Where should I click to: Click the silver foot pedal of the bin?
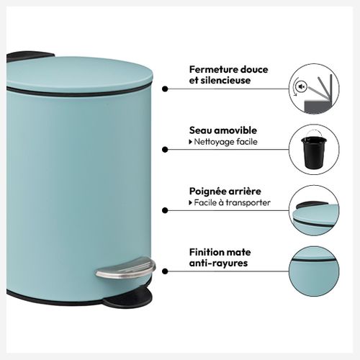[x=125, y=269]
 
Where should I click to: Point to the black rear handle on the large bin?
[x=29, y=56]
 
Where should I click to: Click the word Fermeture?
[x=213, y=70]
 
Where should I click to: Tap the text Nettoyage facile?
[x=225, y=142]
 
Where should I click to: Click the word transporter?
[x=248, y=203]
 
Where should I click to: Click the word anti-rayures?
[x=218, y=263]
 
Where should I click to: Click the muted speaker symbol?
[x=301, y=86]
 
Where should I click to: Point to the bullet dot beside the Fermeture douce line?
[x=165, y=89]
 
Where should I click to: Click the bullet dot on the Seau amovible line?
[x=165, y=150]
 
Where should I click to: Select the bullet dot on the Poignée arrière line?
[x=165, y=210]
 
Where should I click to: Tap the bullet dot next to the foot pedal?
[x=165, y=271]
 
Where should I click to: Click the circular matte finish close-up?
[x=314, y=271]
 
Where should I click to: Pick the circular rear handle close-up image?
[x=314, y=210]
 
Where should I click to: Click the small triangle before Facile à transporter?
[x=191, y=203]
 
